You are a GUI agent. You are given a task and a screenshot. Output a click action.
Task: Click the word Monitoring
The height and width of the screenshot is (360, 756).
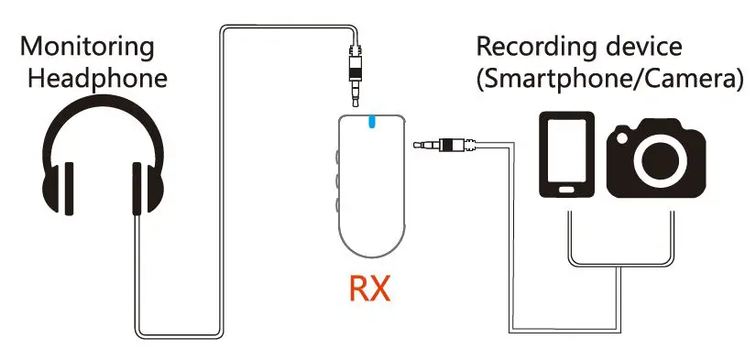point(87,45)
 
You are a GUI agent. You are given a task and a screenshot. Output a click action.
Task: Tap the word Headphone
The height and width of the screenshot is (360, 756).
point(97,78)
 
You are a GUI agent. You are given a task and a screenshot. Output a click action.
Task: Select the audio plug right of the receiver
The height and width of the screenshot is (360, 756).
point(445,144)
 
